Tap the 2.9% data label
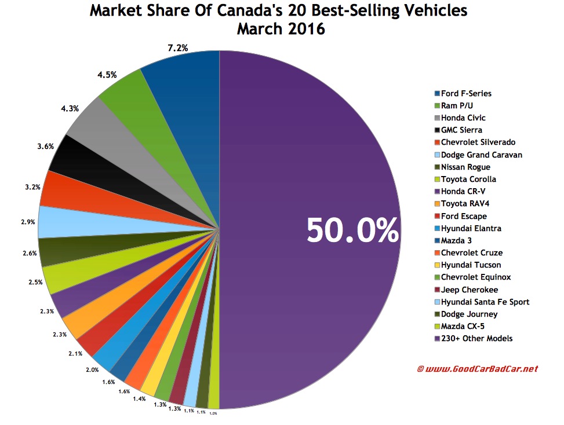coord(27,222)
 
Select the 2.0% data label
coord(92,369)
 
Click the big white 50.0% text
coord(352,230)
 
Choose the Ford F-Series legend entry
coord(463,93)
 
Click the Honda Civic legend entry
coord(463,118)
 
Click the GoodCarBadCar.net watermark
coord(477,368)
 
